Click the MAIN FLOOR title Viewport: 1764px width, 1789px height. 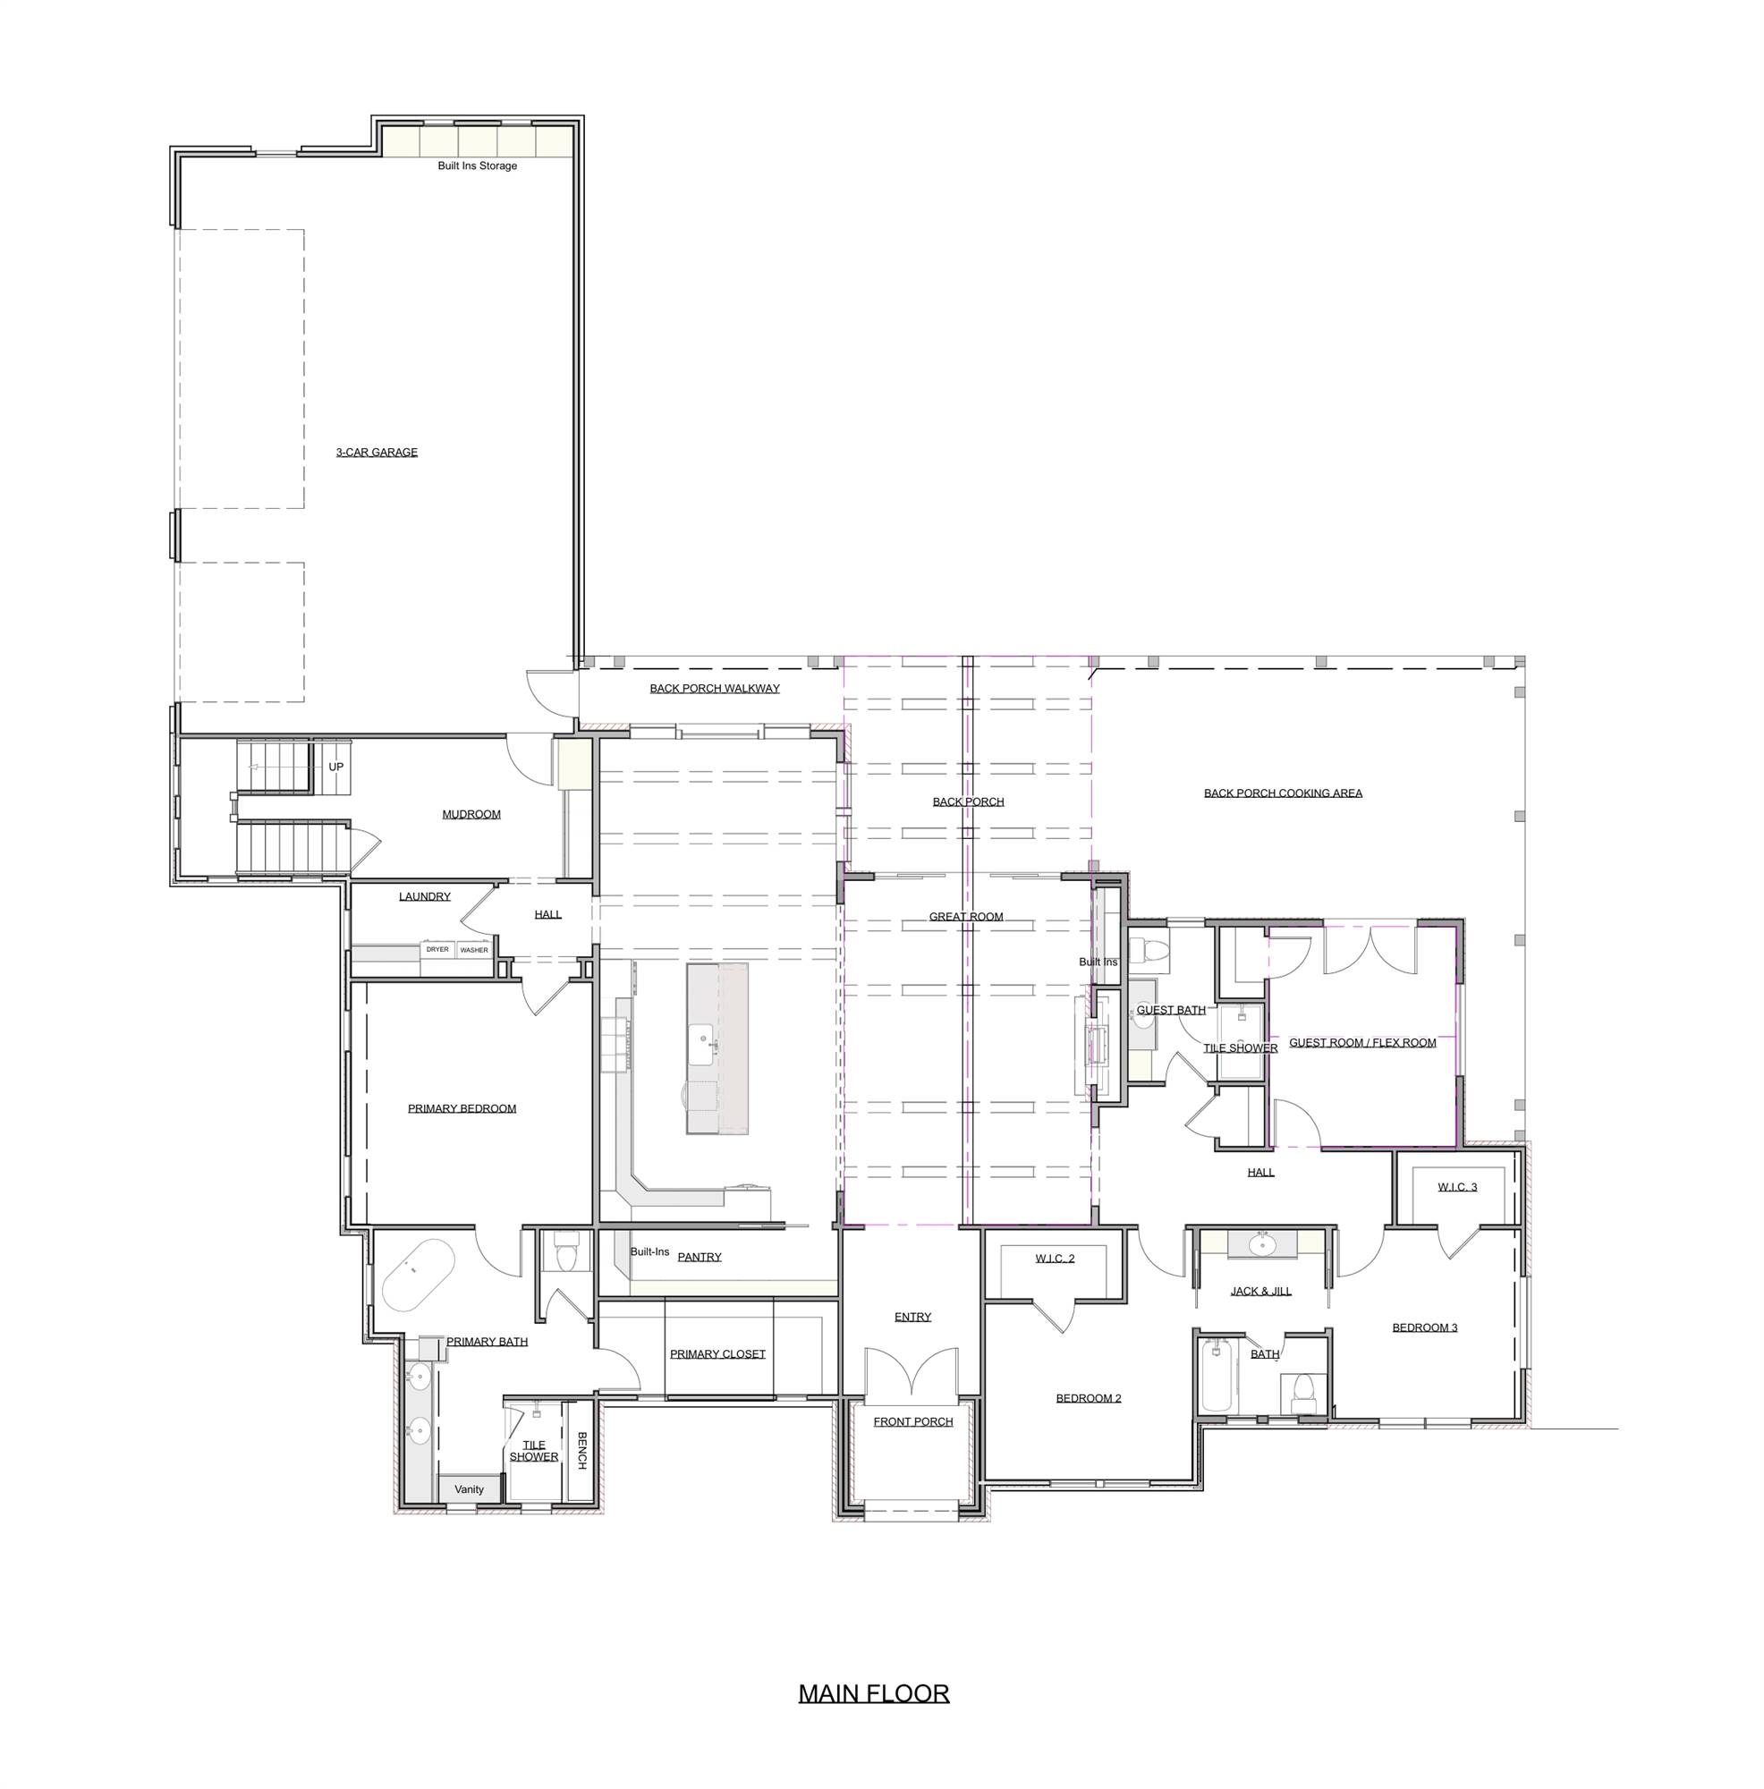[873, 1693]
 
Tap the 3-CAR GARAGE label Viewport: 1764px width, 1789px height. [376, 453]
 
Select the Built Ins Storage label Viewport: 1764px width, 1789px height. [477, 166]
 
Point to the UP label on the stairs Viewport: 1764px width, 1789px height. [336, 767]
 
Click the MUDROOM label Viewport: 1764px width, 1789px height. [471, 815]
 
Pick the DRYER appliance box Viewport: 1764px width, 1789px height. [437, 950]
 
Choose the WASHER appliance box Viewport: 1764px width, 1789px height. [473, 950]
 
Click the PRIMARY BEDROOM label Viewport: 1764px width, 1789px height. [462, 1108]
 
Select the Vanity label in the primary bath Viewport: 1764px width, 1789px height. [469, 1490]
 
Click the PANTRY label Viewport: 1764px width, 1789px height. [700, 1258]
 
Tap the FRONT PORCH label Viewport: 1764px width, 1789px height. [913, 1422]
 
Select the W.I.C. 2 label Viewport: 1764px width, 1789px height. [1055, 1259]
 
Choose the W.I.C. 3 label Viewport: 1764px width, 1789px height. [1457, 1187]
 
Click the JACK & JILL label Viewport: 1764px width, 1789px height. [1261, 1292]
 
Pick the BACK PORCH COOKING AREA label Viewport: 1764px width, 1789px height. [1283, 793]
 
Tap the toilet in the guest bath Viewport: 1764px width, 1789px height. [1149, 949]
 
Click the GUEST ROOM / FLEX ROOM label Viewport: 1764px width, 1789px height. [1362, 1043]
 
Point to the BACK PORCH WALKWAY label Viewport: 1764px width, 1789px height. [714, 689]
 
